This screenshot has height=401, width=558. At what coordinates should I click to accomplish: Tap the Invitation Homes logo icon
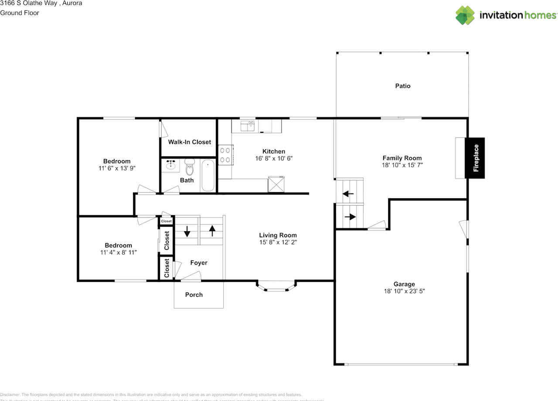point(465,15)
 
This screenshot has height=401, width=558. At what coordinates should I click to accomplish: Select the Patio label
point(402,86)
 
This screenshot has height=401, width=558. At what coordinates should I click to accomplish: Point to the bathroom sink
point(171,165)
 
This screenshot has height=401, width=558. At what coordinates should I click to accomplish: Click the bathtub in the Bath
point(208,176)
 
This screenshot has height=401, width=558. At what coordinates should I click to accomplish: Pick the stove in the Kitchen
point(225,155)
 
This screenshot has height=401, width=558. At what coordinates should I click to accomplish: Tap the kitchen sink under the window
point(248,126)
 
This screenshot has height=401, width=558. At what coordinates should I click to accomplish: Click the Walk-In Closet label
point(190,142)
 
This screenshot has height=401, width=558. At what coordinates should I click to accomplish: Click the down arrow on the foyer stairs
point(187,231)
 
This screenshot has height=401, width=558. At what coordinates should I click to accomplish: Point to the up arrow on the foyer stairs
point(212,231)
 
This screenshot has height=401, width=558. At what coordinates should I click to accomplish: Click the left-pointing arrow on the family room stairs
point(348,194)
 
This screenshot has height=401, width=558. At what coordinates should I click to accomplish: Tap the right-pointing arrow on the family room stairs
point(350,217)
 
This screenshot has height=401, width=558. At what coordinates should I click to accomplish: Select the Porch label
point(194,295)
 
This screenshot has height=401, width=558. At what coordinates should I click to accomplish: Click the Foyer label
point(199,263)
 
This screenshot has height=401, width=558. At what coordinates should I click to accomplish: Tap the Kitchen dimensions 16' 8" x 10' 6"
point(274,158)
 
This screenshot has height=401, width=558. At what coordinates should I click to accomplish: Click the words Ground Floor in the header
point(20,13)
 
